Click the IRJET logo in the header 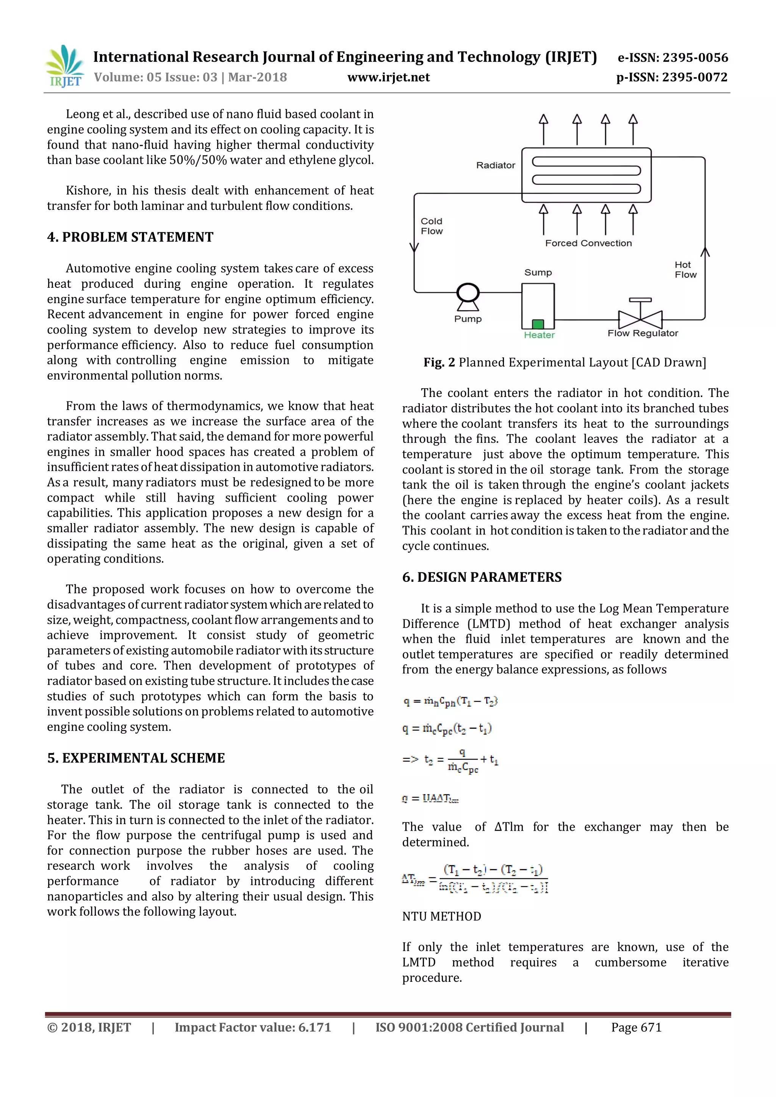pyautogui.click(x=64, y=66)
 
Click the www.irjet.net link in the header pyautogui.click(x=388, y=77)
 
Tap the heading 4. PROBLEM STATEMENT pyautogui.click(x=130, y=237)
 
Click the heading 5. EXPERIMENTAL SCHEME pyautogui.click(x=136, y=758)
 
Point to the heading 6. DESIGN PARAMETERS pyautogui.click(x=482, y=577)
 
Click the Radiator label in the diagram pyautogui.click(x=496, y=165)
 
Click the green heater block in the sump pyautogui.click(x=538, y=324)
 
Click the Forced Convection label pyautogui.click(x=588, y=243)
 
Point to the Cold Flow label pyautogui.click(x=432, y=226)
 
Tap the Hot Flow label pyautogui.click(x=685, y=269)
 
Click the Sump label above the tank pyautogui.click(x=538, y=272)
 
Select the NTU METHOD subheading pyautogui.click(x=441, y=916)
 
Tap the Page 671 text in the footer pyautogui.click(x=636, y=1027)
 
